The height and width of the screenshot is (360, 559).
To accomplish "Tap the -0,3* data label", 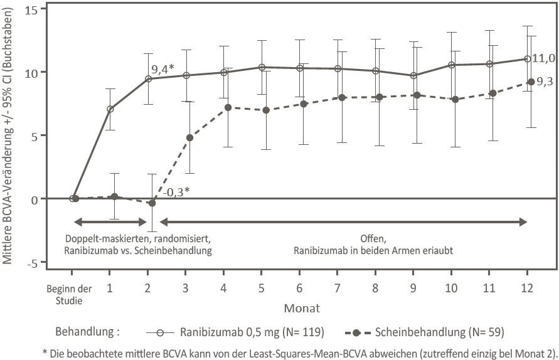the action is pyautogui.click(x=176, y=192).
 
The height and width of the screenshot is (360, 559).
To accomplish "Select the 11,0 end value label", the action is pyautogui.click(x=543, y=58).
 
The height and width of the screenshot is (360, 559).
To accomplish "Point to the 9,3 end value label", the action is pyautogui.click(x=545, y=82).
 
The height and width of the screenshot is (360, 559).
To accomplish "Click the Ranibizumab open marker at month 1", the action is pyautogui.click(x=110, y=109).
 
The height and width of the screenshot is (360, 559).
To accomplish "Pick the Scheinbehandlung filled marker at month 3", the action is pyautogui.click(x=189, y=137).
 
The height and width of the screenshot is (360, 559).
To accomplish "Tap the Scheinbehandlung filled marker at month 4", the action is pyautogui.click(x=228, y=107).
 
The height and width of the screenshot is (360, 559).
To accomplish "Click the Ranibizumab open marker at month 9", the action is pyautogui.click(x=413, y=75).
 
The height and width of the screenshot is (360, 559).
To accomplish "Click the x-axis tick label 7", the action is pyautogui.click(x=338, y=287).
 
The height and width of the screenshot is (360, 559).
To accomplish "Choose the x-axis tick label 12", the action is pyautogui.click(x=527, y=287).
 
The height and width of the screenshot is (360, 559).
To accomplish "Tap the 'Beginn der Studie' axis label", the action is pyautogui.click(x=69, y=294).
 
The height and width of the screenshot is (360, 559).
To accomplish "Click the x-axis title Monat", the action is pyautogui.click(x=302, y=308).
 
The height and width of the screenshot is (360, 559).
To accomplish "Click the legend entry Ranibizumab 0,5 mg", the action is pyautogui.click(x=235, y=332).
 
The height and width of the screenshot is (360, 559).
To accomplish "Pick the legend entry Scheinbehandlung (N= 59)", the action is pyautogui.click(x=425, y=332).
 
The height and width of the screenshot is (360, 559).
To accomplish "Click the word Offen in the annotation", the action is pyautogui.click(x=373, y=238).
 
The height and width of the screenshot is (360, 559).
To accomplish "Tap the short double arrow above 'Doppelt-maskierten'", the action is pyautogui.click(x=110, y=223).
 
